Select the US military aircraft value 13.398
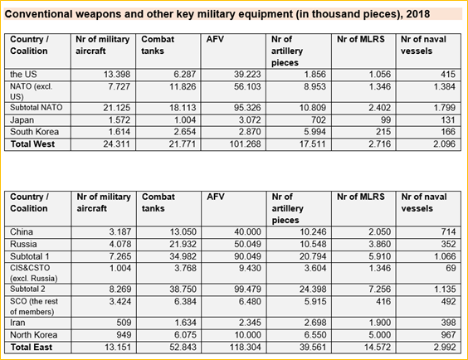[117, 75]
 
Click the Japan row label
[22, 120]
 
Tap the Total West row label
[32, 144]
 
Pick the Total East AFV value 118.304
[245, 348]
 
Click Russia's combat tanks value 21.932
[183, 244]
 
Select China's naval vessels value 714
[448, 231]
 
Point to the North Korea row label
[34, 335]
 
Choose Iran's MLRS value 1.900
[380, 323]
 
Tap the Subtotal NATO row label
[37, 107]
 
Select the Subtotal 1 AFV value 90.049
[248, 256]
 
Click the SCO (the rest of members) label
[34, 306]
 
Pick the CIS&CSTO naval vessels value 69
[451, 268]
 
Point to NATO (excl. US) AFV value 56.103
[247, 86]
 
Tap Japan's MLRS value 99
[386, 120]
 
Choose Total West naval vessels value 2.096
[445, 144]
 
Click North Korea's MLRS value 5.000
[380, 335]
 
